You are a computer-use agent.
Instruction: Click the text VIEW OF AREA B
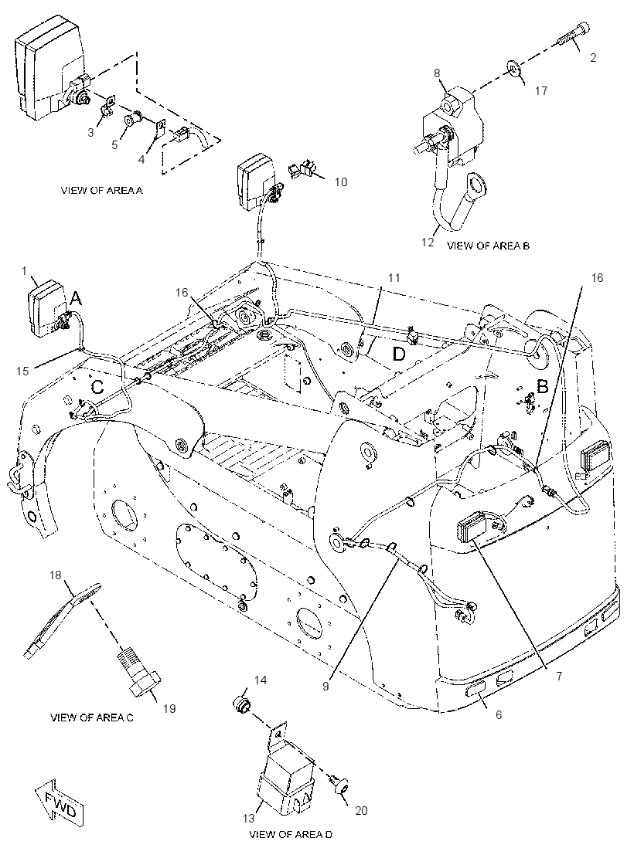click(488, 246)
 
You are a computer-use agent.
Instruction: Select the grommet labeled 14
click(240, 705)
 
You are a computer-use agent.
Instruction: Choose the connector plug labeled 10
click(302, 171)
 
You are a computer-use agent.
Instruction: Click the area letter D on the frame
click(399, 354)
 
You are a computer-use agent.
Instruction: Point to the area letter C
click(97, 387)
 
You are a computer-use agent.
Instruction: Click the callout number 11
click(394, 277)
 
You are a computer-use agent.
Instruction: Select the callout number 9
click(326, 687)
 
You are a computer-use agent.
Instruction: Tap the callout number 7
click(559, 676)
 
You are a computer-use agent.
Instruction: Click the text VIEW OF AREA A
click(101, 191)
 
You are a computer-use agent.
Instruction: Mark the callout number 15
click(22, 371)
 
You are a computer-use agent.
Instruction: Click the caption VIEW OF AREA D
click(291, 835)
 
